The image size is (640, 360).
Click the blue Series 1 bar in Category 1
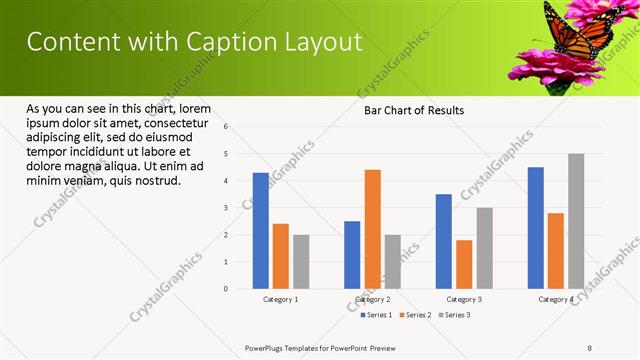261,231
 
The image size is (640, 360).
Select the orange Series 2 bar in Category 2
372,229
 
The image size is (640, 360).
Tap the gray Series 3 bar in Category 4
576,221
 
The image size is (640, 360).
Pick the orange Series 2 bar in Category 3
464,264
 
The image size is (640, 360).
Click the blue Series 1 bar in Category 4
535,228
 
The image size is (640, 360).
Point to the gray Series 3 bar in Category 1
301,262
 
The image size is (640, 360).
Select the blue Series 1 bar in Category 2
352,255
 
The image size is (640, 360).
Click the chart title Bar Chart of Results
413,110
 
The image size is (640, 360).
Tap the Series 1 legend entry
376,315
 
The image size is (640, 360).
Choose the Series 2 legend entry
415,315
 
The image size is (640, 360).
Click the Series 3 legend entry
454,315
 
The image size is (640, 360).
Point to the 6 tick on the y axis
226,127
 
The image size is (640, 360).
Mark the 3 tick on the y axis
226,208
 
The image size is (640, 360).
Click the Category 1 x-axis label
280,299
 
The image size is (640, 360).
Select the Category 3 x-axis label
464,299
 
